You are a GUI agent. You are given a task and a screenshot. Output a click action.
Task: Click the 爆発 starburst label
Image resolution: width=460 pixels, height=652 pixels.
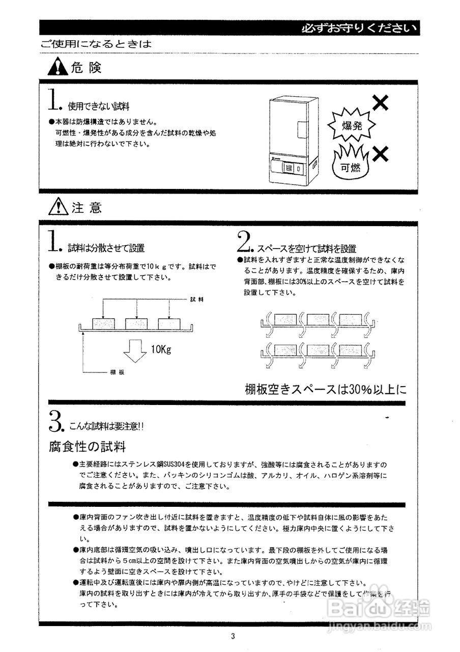click(x=351, y=126)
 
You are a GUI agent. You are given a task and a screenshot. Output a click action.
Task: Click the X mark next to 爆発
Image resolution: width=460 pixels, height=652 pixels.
click(x=381, y=103)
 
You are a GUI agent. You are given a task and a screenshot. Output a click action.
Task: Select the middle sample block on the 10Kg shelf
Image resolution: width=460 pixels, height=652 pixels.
click(x=136, y=324)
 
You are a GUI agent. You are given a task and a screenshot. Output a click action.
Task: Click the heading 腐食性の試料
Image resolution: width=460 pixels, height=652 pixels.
click(x=88, y=447)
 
